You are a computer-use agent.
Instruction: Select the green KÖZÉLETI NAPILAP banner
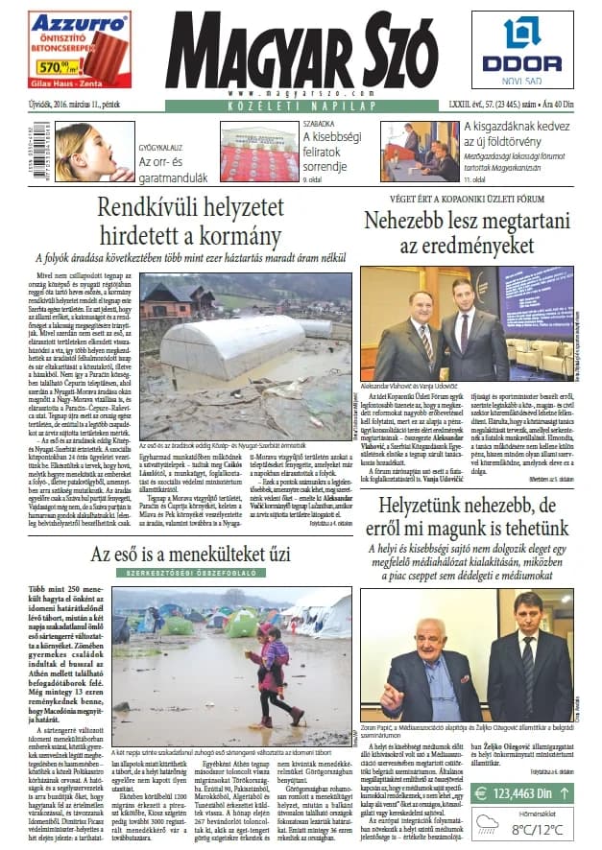[x=300, y=106]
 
